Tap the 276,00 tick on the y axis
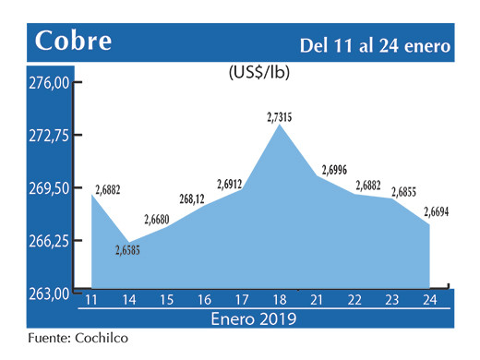[47, 83]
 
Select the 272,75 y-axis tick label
[47, 136]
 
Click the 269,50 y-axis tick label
[47, 188]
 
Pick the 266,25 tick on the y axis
[47, 241]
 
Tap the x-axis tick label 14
[129, 301]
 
